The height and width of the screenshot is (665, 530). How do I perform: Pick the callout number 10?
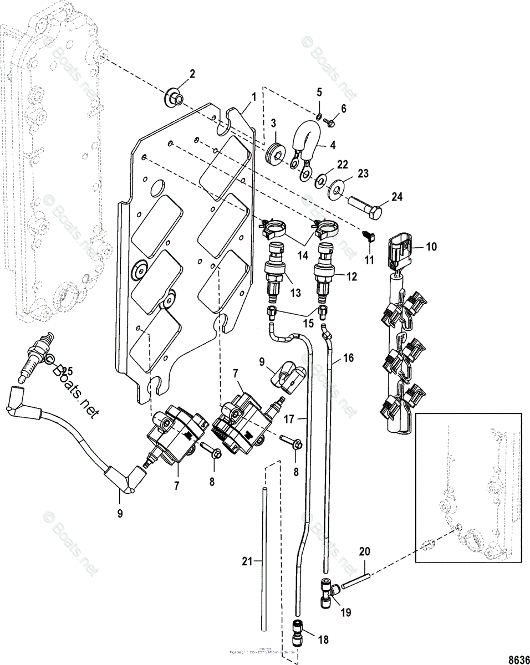tap(431, 246)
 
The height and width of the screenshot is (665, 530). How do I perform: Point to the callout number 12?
tap(351, 276)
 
